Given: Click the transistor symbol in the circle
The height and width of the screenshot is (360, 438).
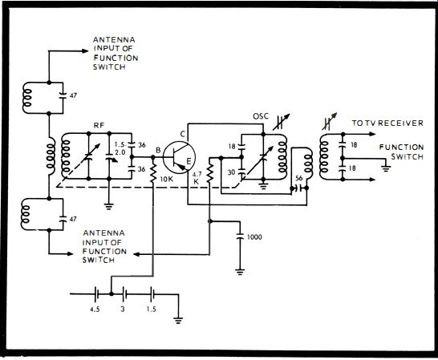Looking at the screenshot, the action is pos(179,157).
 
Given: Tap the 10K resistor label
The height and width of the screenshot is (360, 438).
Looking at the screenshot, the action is pos(167,179).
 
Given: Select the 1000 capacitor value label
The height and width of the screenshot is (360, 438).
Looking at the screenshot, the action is pos(254,237).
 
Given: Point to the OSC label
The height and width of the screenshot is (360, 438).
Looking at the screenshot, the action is pos(261,116).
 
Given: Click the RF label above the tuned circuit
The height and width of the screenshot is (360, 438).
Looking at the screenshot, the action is pos(99,126).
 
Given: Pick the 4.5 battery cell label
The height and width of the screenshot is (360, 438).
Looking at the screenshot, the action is pos(95,309).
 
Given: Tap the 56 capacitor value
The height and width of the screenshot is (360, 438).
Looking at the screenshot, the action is pos(299,178).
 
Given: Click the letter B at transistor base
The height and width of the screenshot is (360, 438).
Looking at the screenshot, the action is pos(158,151).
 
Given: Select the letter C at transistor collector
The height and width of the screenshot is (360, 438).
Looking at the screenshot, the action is pos(182,135).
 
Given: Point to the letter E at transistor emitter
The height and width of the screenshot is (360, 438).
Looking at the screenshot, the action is pos(189,161).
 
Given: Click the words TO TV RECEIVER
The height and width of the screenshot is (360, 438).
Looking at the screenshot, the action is pos(387,123).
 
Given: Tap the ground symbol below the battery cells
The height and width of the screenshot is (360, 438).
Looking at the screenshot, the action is pos(178,320).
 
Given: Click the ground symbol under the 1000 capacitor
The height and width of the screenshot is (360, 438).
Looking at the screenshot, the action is pos(240,272).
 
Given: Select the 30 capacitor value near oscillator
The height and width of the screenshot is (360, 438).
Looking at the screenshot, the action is pos(231,172).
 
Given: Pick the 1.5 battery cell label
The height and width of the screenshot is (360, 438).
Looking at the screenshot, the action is pos(152,309).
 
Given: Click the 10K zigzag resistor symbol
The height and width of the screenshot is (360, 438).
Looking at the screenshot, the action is pos(152,173).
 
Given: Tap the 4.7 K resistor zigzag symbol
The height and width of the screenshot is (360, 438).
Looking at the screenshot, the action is pos(210,173).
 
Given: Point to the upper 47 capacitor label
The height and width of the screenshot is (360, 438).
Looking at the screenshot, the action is pos(73,95).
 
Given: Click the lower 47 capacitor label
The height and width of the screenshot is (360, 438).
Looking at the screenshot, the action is pos(73,219).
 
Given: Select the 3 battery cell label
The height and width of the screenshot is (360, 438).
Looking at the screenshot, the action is pos(123,309).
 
